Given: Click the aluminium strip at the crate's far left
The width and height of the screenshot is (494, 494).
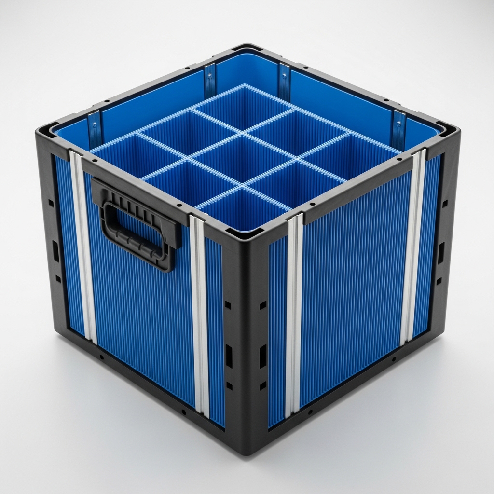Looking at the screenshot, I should pos(82,246).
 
